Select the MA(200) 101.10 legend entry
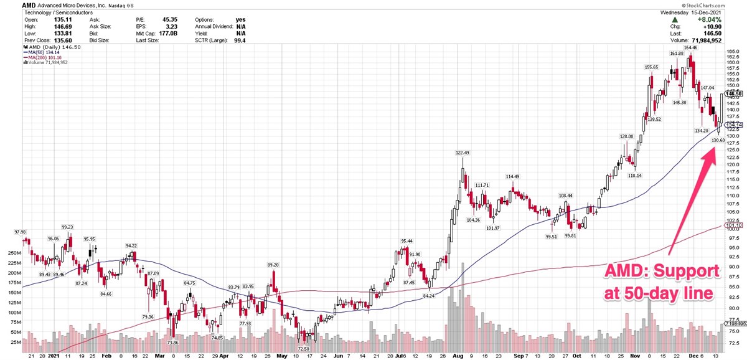[47, 57]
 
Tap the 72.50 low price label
[304, 349]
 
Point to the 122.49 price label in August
[461, 153]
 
